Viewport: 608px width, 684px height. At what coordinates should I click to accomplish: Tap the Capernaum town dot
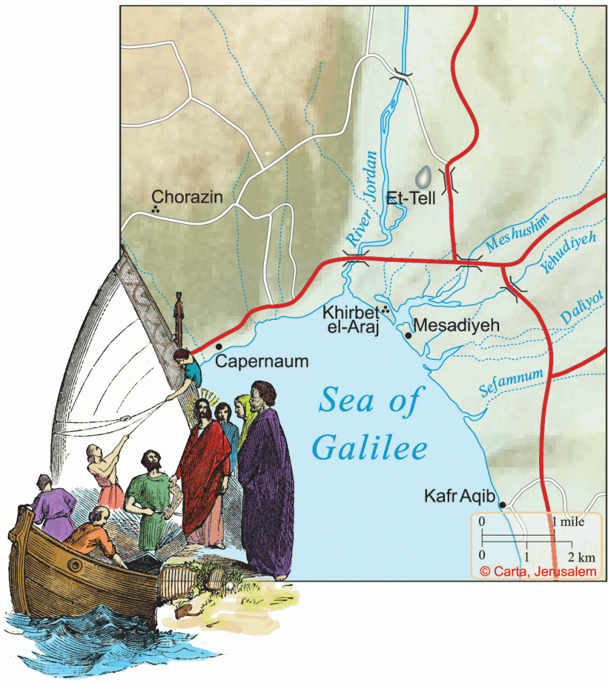coord(219,346)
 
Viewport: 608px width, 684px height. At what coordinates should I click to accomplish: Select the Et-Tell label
coord(412,198)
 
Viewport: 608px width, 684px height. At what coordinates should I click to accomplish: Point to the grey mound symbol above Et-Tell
coord(422,177)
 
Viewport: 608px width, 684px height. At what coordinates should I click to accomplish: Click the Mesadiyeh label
coord(457,325)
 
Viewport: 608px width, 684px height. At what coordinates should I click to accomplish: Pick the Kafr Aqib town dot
coord(502,504)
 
